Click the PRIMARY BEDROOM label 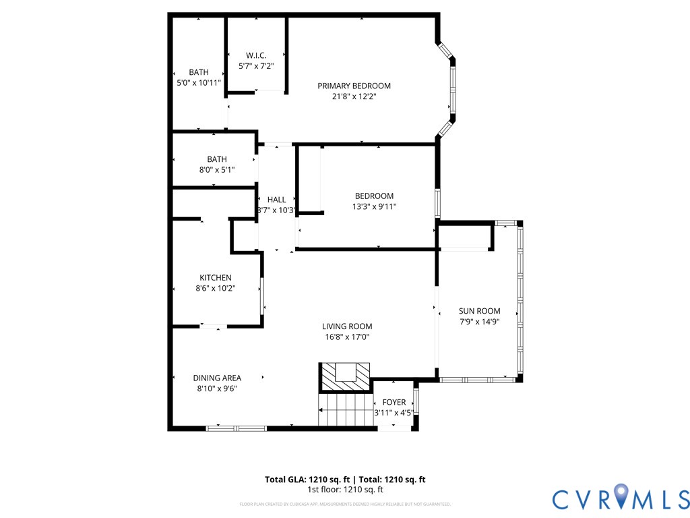(354, 86)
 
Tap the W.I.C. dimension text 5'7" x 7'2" (256, 66)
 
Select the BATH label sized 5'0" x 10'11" (198, 72)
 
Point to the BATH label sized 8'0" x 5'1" (216, 159)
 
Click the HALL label (276, 200)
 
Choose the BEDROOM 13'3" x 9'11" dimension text (374, 207)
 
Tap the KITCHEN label (215, 278)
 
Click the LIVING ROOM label (346, 326)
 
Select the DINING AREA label (217, 378)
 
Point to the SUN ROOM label (479, 311)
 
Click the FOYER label (394, 403)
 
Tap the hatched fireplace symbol (345, 376)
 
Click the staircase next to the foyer (345, 410)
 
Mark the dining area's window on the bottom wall (236, 428)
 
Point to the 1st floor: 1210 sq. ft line (345, 490)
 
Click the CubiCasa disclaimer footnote (345, 504)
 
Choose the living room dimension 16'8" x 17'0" (346, 337)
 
